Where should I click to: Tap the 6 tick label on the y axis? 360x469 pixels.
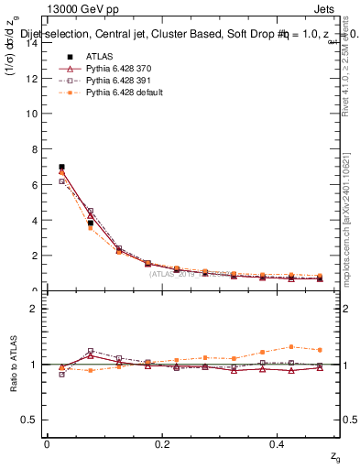[x=35, y=185]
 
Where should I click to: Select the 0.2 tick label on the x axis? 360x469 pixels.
[x=162, y=444]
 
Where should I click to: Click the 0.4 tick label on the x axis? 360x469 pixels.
[x=278, y=444]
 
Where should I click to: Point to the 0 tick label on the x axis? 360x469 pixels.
[x=47, y=444]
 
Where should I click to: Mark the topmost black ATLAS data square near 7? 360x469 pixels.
[x=61, y=167]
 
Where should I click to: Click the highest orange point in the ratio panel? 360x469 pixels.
[x=291, y=346]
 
